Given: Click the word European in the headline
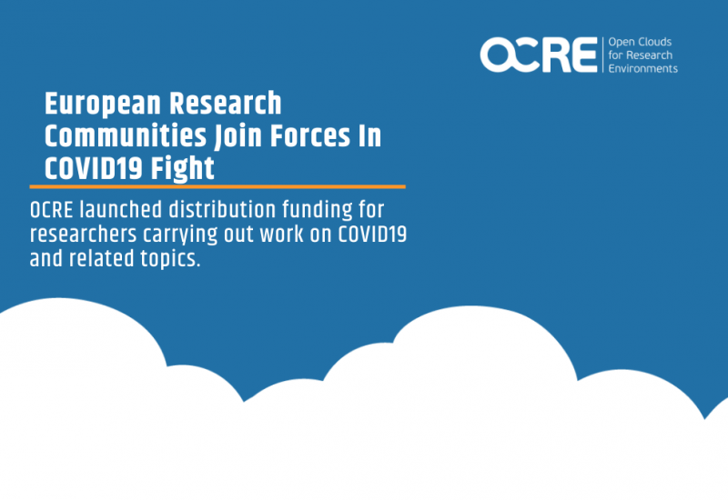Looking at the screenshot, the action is click(x=103, y=104).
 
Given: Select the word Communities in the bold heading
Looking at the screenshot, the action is click(x=126, y=135).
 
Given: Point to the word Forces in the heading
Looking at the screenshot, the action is click(x=310, y=135).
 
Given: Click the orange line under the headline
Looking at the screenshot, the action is click(x=217, y=187).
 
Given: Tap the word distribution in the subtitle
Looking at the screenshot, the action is click(x=222, y=209).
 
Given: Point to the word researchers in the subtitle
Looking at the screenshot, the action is click(x=83, y=234).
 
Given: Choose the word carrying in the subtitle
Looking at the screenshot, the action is click(x=180, y=235).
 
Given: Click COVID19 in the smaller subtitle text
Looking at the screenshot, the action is click(x=372, y=234).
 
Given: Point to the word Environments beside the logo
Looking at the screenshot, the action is click(x=643, y=69).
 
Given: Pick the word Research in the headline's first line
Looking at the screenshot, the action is click(x=225, y=104).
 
